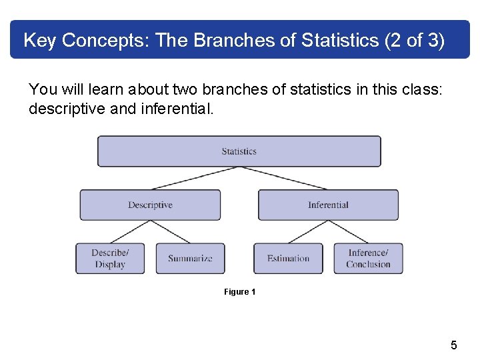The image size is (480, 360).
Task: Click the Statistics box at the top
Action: (x=239, y=151)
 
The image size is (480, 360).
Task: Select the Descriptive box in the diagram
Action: (x=150, y=205)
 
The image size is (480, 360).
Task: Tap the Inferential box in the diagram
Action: (x=328, y=205)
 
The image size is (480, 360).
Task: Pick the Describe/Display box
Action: (x=110, y=258)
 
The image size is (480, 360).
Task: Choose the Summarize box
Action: (x=190, y=258)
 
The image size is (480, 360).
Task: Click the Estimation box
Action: (x=288, y=258)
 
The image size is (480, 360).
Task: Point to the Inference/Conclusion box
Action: (x=368, y=258)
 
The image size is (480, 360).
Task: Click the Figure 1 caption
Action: (x=239, y=292)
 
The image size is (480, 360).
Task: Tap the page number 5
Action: (x=454, y=345)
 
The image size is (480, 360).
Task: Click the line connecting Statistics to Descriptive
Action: (x=195, y=178)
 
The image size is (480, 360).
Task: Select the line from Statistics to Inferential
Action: (x=283, y=178)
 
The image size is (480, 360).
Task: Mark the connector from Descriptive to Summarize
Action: (x=170, y=232)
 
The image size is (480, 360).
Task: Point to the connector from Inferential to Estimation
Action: (x=308, y=232)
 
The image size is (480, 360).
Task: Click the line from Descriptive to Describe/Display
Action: (x=130, y=232)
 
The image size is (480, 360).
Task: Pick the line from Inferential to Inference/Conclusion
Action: (x=348, y=232)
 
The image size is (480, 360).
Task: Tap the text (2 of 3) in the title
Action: (x=415, y=41)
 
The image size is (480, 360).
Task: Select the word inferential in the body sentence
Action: (x=177, y=108)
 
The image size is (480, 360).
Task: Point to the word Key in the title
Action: (x=39, y=41)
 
